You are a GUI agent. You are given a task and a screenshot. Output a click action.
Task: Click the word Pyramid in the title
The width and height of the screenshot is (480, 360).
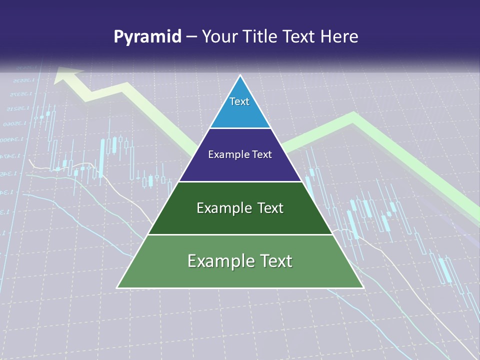pyautogui.click(x=147, y=37)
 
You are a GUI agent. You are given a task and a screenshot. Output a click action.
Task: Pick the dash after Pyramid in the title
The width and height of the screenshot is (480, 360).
pyautogui.click(x=191, y=37)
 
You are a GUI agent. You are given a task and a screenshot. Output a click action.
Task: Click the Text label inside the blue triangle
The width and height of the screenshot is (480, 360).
pyautogui.click(x=239, y=101)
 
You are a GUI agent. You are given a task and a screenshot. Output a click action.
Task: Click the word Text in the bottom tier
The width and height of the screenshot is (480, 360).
pyautogui.click(x=275, y=261)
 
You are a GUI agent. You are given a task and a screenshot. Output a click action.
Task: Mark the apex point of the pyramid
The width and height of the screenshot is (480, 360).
pyautogui.click(x=240, y=75)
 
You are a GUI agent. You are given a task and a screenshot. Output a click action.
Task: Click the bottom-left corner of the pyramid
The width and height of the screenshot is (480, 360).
pyautogui.click(x=117, y=287)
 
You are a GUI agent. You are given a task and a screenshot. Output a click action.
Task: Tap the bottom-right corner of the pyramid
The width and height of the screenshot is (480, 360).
pyautogui.click(x=363, y=287)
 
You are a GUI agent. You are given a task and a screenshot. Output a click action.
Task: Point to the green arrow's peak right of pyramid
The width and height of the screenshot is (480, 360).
pyautogui.click(x=353, y=116)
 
